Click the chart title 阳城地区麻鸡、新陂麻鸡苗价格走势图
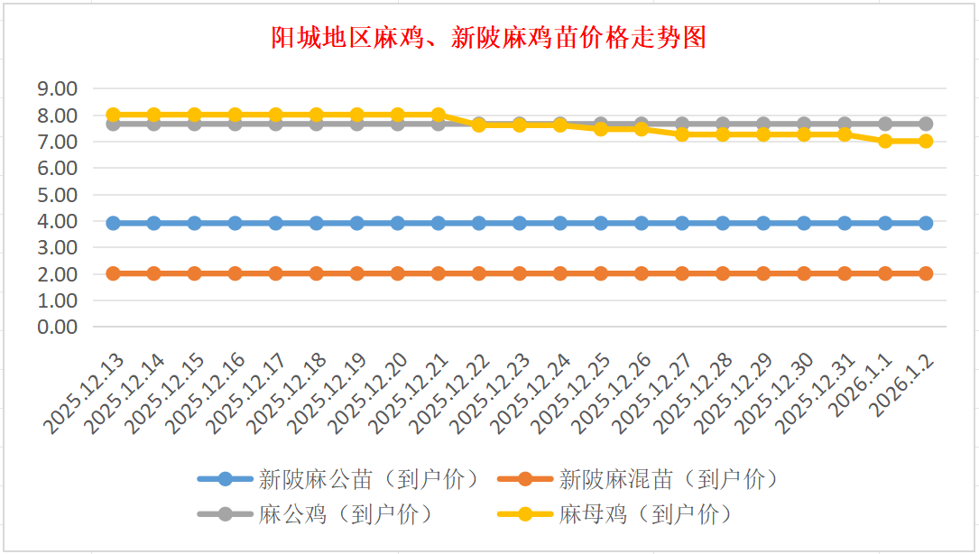pos(488,37)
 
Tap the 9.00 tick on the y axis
pos(57,88)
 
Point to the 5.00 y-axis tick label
pos(57,194)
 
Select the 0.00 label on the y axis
pos(57,327)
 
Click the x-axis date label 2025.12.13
pos(88,394)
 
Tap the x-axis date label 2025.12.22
pos(453,394)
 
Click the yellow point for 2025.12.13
pos(114,115)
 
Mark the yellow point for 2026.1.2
pos(926,141)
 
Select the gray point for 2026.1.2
pos(926,124)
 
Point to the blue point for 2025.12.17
pos(276,223)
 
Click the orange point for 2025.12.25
pos(601,273)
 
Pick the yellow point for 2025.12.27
pos(682,134)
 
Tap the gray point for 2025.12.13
pos(114,124)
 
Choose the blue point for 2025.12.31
pos(845,223)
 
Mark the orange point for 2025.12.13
pos(114,273)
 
